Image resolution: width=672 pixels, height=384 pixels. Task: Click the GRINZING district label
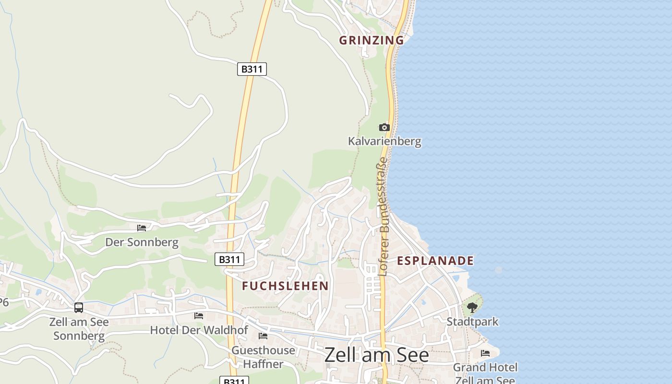372,40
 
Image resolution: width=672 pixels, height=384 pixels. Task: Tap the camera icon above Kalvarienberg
384,127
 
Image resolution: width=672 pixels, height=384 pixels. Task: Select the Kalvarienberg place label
384,141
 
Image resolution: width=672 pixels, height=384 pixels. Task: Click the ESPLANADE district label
435,261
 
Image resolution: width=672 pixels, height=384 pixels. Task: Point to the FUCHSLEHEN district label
285,286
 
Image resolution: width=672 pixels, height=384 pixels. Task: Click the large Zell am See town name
376,355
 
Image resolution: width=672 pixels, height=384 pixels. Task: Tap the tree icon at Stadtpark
472,308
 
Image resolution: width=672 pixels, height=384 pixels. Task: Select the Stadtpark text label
472,322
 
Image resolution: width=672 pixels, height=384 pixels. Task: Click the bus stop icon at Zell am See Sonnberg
79,308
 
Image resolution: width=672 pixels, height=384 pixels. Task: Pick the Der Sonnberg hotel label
142,242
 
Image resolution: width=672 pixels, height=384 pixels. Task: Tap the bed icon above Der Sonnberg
142,228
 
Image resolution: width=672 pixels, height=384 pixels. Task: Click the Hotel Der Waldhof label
199,330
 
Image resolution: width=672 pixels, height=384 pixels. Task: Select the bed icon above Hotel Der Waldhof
199,316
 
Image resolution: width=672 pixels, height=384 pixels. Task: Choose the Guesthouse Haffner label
263,357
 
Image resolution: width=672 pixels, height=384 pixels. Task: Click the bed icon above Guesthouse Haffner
263,336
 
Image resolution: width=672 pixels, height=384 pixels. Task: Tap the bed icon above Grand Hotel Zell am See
485,353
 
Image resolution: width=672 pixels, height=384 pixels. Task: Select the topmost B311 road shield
252,69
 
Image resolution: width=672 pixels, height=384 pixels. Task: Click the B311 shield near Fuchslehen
229,260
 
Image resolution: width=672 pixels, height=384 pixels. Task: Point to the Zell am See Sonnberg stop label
79,329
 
